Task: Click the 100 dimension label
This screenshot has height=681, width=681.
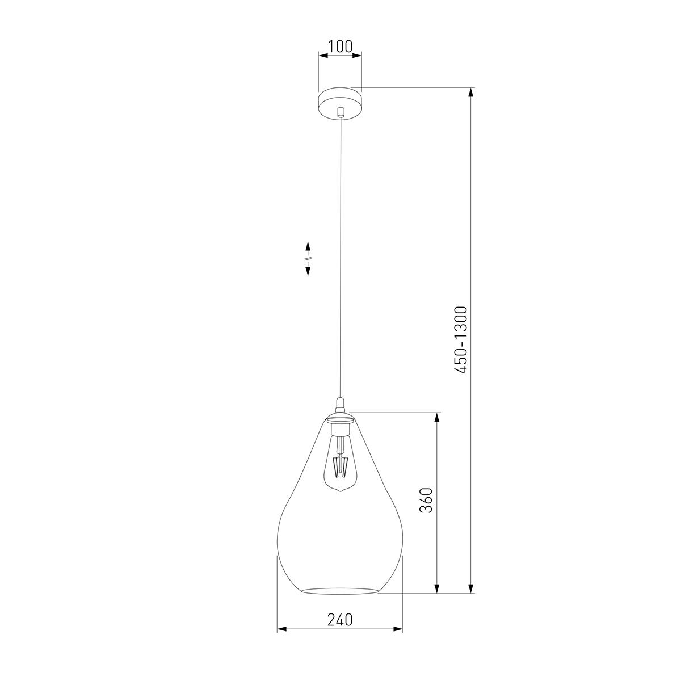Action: coord(340,47)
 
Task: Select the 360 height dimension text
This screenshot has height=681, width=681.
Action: coord(426,500)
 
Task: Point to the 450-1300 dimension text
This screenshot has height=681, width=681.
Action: coord(461,340)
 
